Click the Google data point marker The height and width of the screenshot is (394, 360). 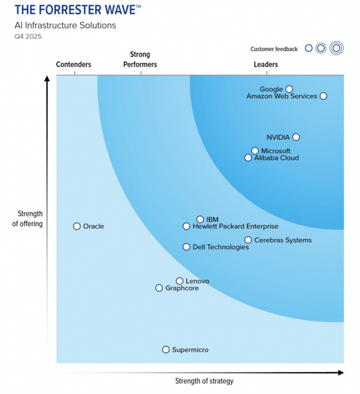[289, 89]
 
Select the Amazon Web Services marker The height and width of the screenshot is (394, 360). [323, 96]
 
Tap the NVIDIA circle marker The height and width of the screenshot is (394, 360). [296, 137]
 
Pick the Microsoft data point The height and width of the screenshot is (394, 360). [255, 151]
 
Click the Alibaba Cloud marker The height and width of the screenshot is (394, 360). [248, 158]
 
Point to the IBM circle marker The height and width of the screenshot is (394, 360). [200, 219]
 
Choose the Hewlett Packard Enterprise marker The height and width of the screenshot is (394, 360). [187, 226]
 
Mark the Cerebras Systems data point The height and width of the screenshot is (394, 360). [248, 240]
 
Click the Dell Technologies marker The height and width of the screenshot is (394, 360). [187, 247]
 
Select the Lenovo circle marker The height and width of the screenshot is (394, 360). [179, 281]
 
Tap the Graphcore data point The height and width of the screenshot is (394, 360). [159, 288]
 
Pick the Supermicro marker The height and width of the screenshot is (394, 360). [166, 350]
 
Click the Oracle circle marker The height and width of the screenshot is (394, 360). [77, 226]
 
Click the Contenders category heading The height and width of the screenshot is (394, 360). [74, 65]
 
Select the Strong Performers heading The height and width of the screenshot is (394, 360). [140, 59]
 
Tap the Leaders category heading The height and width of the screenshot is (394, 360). [266, 65]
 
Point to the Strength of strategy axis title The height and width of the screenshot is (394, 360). [204, 381]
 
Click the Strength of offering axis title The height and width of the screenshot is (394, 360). [30, 219]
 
